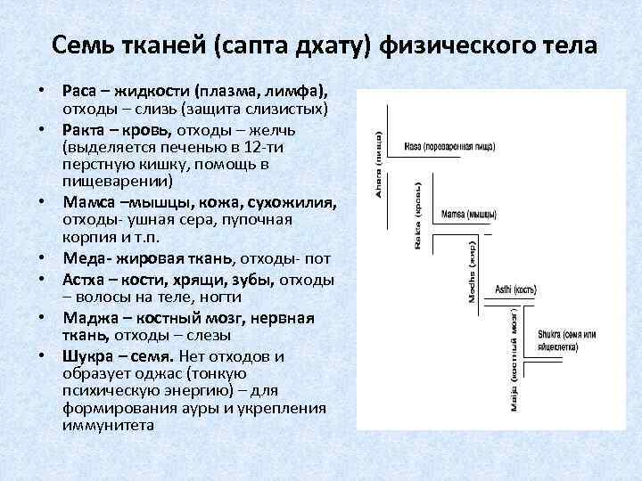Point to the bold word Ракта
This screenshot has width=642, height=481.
86,130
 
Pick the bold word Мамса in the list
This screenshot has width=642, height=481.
88,202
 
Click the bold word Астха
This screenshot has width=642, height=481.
86,279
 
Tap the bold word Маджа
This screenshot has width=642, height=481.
90,317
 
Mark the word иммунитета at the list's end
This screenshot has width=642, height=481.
108,424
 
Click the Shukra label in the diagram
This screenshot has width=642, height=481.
566,338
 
